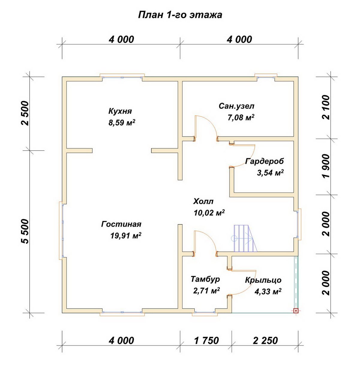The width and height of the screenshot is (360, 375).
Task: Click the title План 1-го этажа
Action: tap(180, 15)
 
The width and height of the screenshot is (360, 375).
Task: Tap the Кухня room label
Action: tap(120, 111)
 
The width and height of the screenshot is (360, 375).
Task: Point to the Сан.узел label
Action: tap(236, 106)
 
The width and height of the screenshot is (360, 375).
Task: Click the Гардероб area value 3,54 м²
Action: tap(270, 173)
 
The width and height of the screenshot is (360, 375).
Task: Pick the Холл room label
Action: tap(203, 201)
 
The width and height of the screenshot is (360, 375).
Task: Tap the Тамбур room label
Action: tap(205, 279)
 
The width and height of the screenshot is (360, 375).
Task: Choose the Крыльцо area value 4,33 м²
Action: tap(268, 291)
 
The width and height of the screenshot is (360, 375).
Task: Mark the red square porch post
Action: tap(296, 311)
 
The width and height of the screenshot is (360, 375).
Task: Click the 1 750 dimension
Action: tap(206, 341)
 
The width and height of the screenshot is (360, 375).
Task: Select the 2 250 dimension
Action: tap(265, 341)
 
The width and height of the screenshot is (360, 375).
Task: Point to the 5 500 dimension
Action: tap(25, 231)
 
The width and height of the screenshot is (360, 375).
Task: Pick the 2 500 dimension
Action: tap(25, 113)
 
